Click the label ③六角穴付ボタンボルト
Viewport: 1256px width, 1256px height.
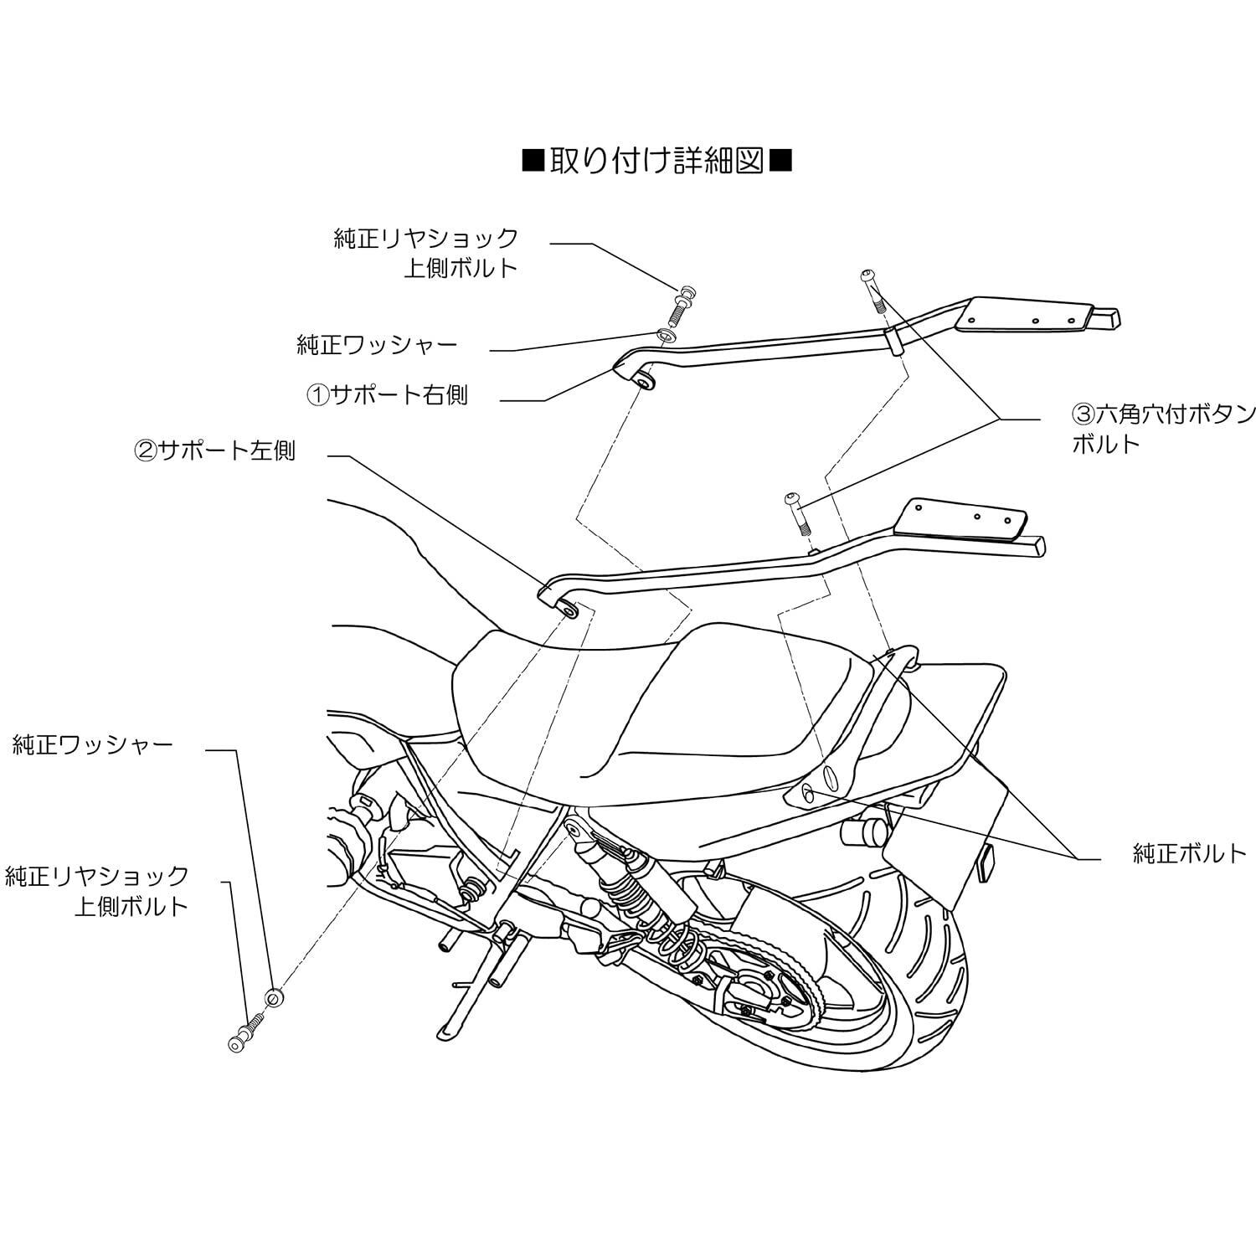coord(1164,428)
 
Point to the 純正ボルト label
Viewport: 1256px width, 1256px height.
coord(1189,853)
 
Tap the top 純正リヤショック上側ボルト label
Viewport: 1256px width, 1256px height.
coord(426,253)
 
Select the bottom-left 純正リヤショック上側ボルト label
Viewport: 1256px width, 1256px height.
coord(97,892)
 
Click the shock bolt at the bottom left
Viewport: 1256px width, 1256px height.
coord(246,1029)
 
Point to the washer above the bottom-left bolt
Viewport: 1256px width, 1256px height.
coord(272,997)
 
